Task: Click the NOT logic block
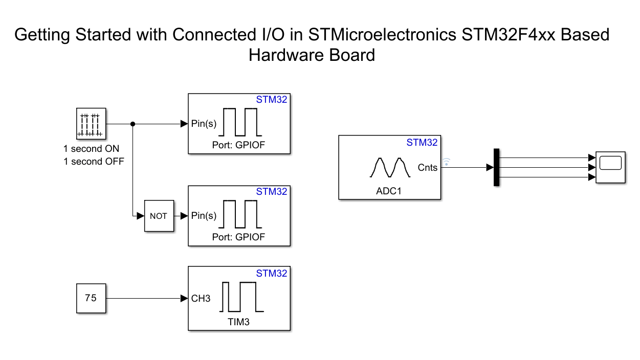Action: [x=159, y=216]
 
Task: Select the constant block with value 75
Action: [x=91, y=298]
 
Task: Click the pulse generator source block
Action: [x=91, y=123]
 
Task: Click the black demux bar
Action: [x=496, y=167]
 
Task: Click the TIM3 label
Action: [x=239, y=322]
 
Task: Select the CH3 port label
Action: [x=201, y=299]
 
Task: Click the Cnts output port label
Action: [x=427, y=167]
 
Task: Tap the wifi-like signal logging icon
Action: [x=447, y=162]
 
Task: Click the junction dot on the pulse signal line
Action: [x=133, y=124]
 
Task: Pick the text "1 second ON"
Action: [x=91, y=149]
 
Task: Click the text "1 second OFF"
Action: [x=94, y=161]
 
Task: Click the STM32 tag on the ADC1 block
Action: [x=422, y=143]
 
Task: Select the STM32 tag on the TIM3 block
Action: [x=272, y=274]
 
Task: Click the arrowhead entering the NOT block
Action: [x=141, y=216]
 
